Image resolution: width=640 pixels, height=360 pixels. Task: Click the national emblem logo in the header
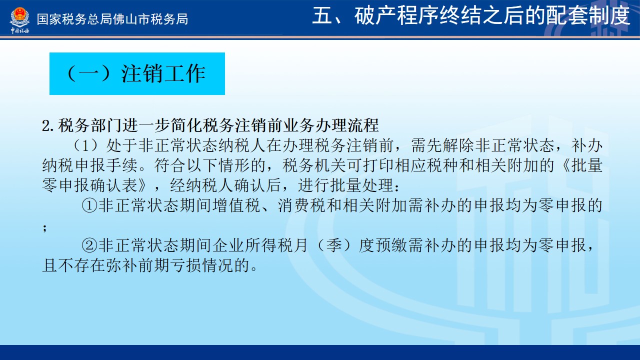coord(19,17)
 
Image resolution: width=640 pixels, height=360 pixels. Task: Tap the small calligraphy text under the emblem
coord(19,31)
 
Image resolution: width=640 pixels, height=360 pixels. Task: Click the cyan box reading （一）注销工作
coord(137,73)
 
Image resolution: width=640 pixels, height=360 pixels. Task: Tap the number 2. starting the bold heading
coord(48,125)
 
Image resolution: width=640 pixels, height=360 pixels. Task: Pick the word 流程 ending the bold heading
coord(363,125)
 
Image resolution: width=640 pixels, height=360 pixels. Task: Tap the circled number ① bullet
coord(89,205)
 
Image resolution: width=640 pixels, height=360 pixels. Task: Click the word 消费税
coord(301,205)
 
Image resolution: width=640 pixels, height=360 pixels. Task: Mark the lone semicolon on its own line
coord(45,228)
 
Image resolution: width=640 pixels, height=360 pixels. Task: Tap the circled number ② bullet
coord(89,245)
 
